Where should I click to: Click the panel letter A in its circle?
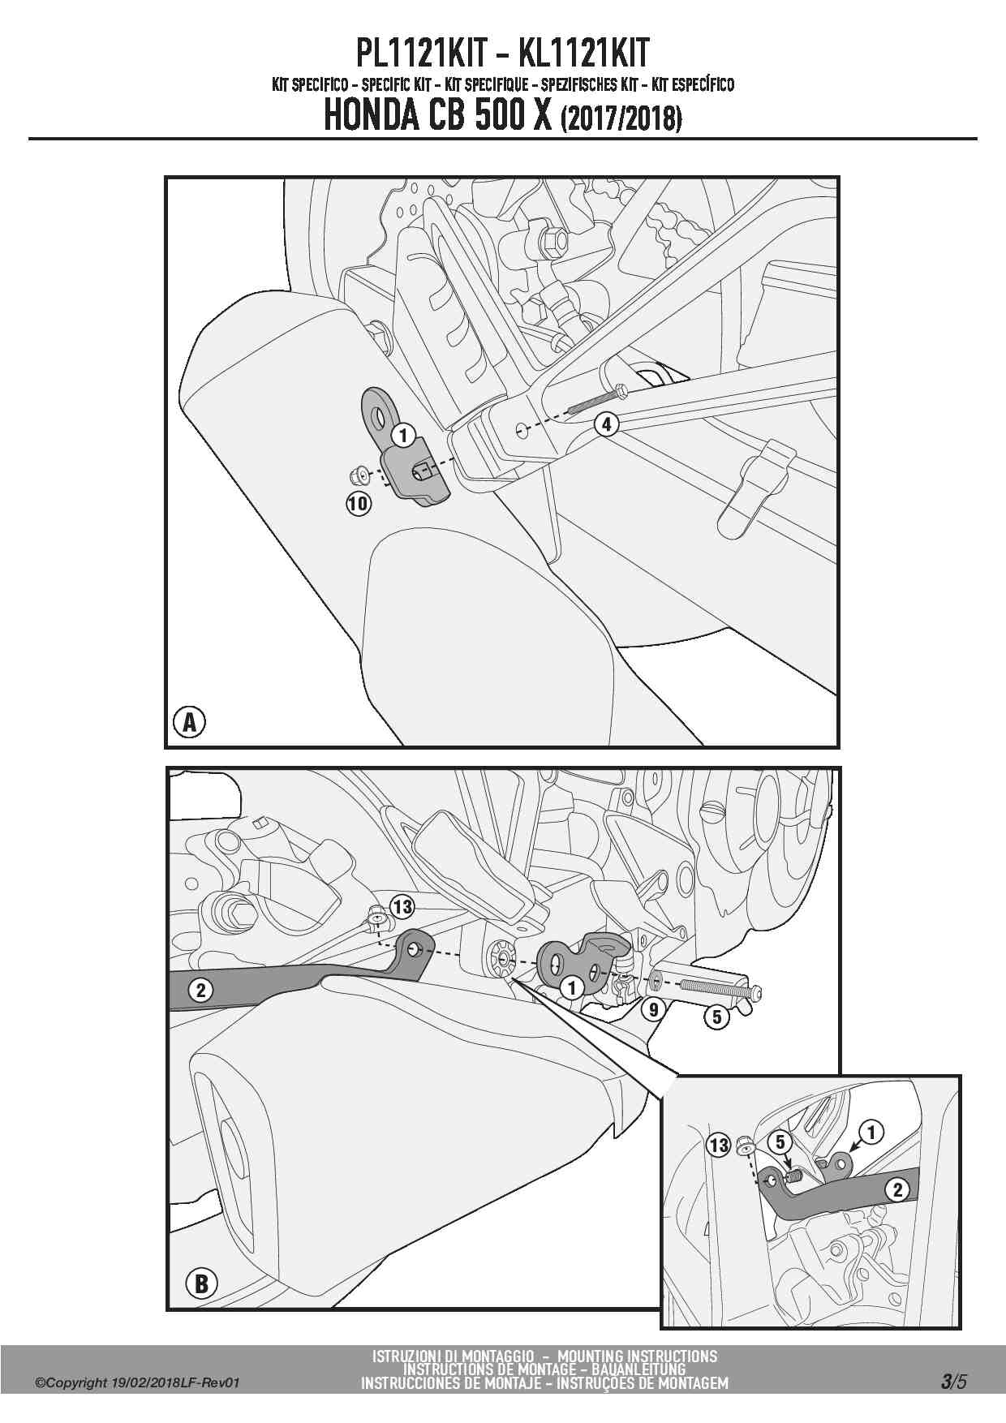tap(190, 721)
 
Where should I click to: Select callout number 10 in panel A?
tap(358, 504)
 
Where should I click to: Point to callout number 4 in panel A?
tap(606, 423)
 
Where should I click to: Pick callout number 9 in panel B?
tap(653, 1009)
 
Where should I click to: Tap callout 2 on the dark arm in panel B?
tap(200, 990)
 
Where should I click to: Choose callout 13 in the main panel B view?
tap(402, 905)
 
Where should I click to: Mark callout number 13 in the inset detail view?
tap(719, 1145)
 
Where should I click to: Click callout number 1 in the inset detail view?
tap(871, 1132)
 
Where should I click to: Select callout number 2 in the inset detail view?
tap(896, 1190)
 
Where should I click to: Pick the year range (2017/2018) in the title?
tap(621, 120)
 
